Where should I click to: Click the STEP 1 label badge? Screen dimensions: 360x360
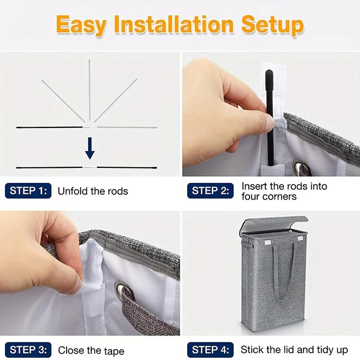coord(28,191)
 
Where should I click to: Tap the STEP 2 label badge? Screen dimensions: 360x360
coord(210,191)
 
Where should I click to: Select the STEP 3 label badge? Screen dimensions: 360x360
coord(28,350)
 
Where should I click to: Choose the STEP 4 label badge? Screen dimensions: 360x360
coord(210,350)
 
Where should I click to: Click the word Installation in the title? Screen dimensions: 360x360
coord(174,24)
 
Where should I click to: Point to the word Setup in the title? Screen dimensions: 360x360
coord(273,26)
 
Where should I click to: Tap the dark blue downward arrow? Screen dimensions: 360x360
coord(90,148)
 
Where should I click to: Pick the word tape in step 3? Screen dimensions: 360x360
coord(114,351)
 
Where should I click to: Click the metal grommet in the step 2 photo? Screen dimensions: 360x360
coord(299,167)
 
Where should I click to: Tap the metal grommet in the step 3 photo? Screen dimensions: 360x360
coord(124,291)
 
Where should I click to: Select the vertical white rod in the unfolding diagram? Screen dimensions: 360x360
coord(89,91)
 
